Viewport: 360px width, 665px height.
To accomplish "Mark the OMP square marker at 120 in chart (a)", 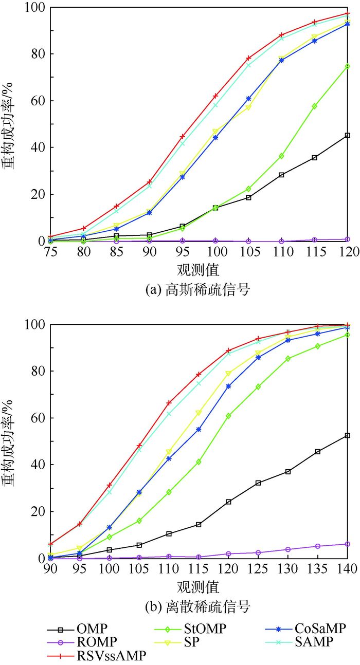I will click(x=348, y=136).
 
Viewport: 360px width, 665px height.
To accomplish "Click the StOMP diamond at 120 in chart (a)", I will click(x=348, y=66).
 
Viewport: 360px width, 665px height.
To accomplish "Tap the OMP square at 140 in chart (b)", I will click(x=348, y=435).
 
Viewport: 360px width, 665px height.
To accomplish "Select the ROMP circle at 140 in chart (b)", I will click(x=348, y=544).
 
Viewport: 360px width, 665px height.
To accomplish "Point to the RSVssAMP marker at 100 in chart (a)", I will click(x=215, y=96).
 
